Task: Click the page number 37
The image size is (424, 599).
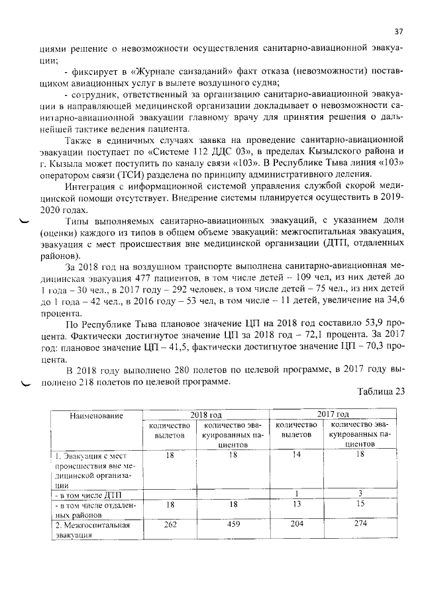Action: [399, 31]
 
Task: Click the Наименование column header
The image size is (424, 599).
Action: [97, 415]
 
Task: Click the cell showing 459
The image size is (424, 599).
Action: [233, 525]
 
